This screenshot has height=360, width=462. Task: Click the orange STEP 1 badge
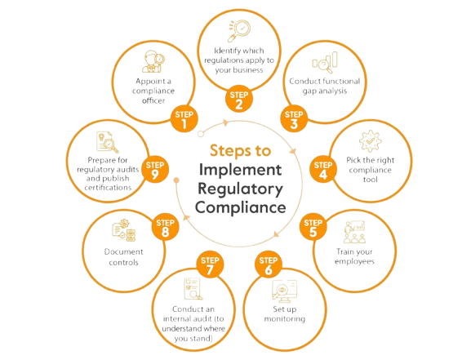[x=184, y=118]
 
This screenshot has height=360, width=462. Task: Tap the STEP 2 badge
[x=239, y=99]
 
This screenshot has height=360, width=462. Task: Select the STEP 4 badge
[x=323, y=169]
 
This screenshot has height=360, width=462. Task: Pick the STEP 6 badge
[x=268, y=264]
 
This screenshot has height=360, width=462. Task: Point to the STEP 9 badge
[x=155, y=169]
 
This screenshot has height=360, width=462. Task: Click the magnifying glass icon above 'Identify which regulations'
[x=239, y=31]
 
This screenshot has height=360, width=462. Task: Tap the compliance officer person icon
[x=153, y=61]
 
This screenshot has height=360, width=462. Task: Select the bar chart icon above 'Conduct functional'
[x=325, y=63]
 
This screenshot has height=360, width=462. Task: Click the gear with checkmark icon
[x=371, y=141]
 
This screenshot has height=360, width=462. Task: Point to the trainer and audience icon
[x=354, y=232]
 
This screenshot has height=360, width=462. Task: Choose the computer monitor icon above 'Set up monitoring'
[x=284, y=291]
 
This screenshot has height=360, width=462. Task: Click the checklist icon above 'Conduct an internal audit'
[x=193, y=289]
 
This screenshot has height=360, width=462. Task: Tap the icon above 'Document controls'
[x=124, y=230]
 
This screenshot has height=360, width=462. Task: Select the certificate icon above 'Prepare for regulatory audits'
[x=107, y=142]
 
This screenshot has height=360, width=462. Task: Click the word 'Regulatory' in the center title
[x=240, y=189]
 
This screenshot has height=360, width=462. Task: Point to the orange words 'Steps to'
[x=240, y=150]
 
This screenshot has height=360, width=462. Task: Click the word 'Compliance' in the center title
[x=241, y=207]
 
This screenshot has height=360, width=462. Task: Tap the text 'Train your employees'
[x=354, y=256]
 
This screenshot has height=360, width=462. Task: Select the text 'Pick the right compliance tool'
[x=370, y=170]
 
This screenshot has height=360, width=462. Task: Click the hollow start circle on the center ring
[x=200, y=134]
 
